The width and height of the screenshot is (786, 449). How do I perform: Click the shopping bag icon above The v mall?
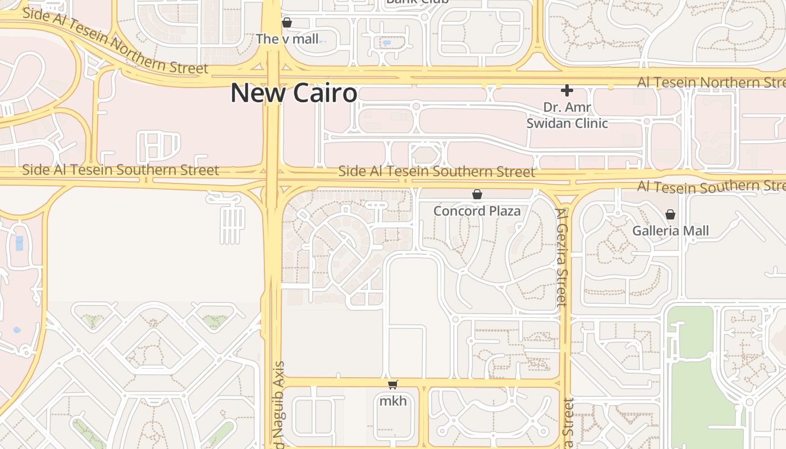[x=287, y=23]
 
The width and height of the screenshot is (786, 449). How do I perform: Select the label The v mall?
[x=287, y=39]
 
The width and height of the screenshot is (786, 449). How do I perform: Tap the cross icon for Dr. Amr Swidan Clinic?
[x=567, y=90]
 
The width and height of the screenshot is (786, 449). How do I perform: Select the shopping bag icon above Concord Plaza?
[x=477, y=195]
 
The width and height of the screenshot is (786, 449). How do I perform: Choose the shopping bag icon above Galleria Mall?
[x=670, y=214]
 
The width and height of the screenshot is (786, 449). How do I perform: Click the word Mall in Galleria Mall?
[x=697, y=231]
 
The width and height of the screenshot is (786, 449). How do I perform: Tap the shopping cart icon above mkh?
[x=392, y=385]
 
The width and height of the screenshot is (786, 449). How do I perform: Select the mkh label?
[x=392, y=401]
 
